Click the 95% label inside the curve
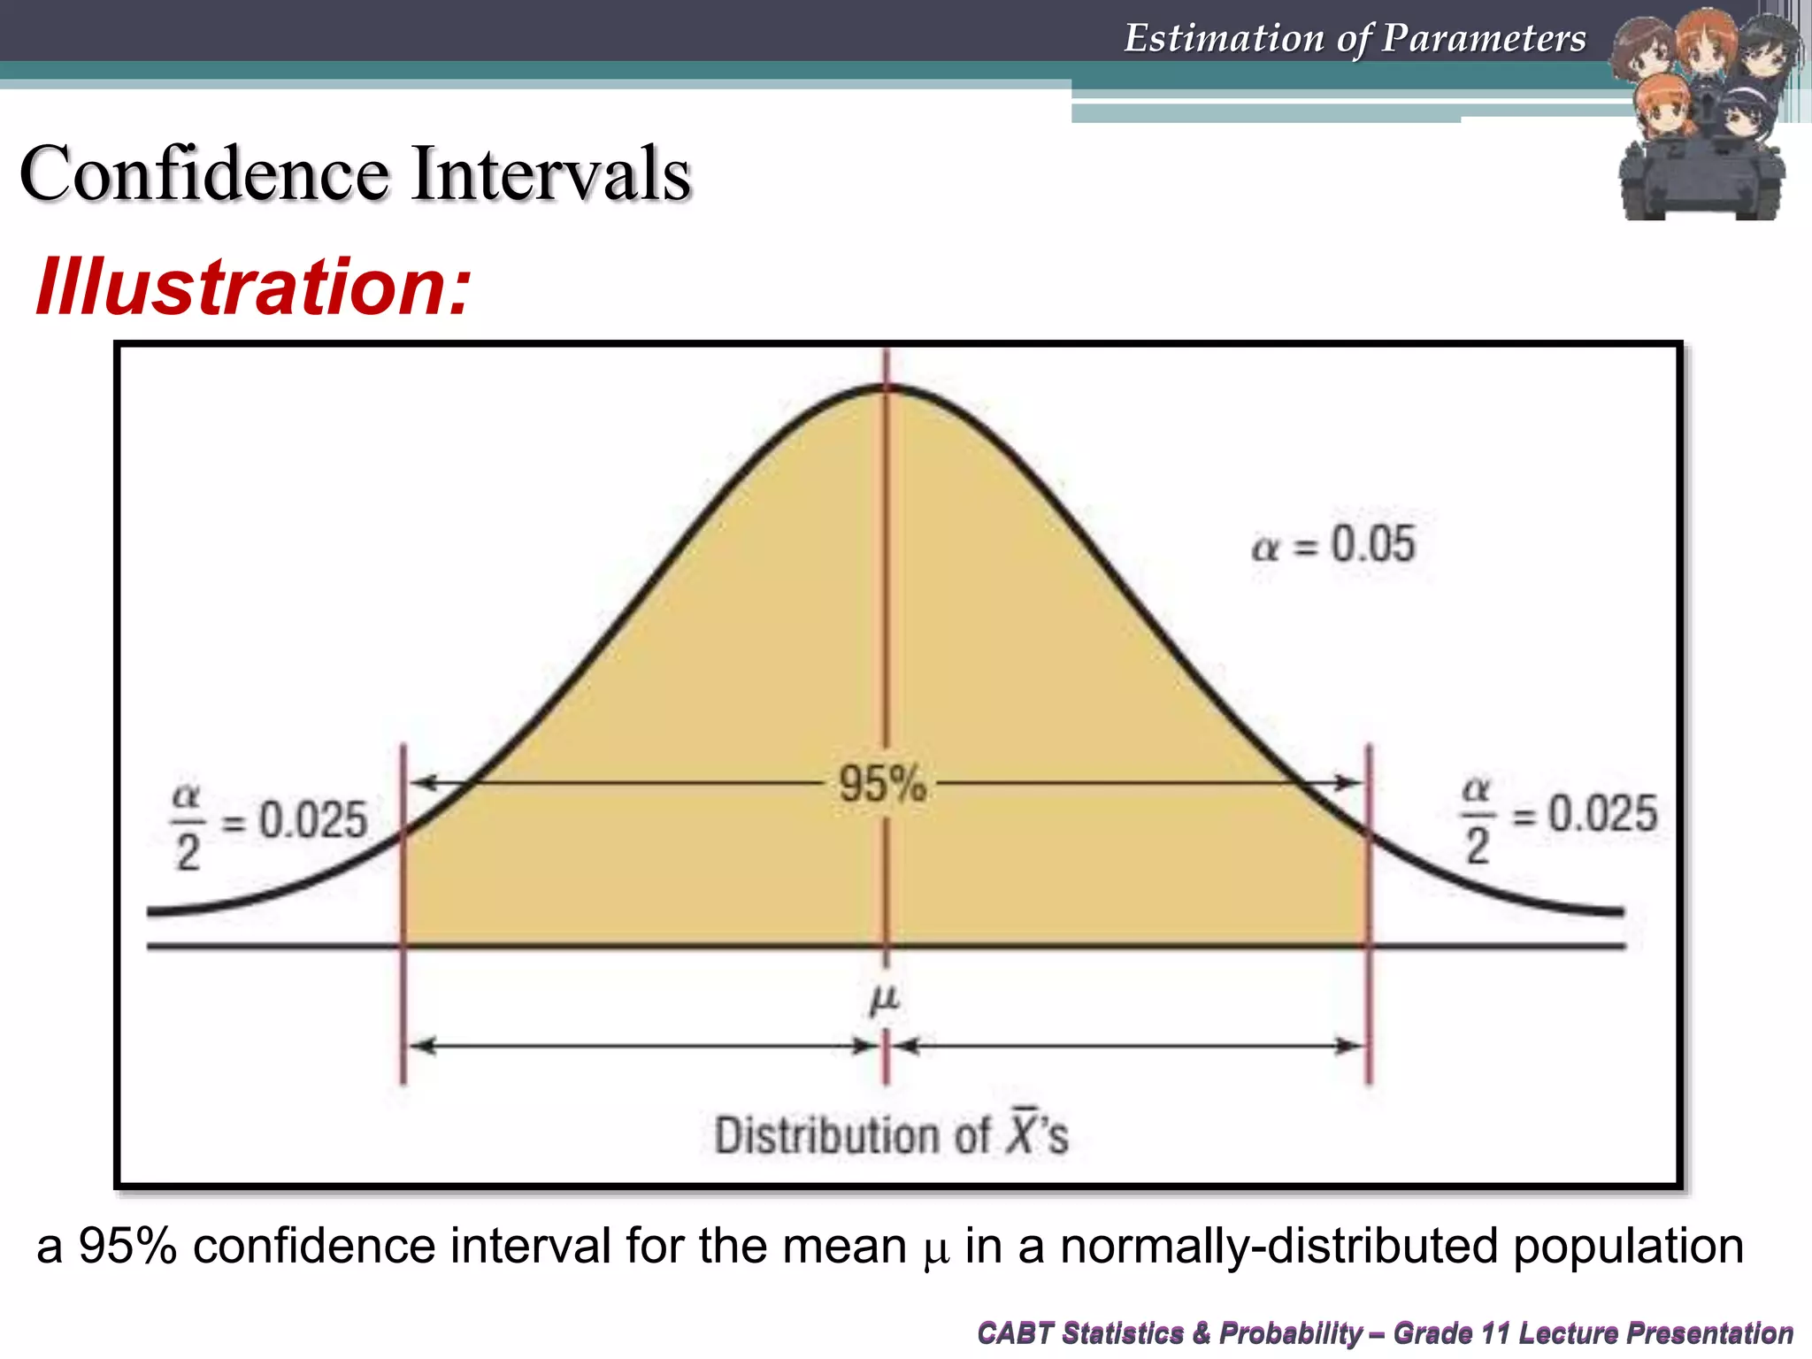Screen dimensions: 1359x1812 [x=882, y=784]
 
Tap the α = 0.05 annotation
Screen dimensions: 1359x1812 [x=1333, y=544]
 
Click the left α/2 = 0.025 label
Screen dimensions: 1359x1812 [x=269, y=823]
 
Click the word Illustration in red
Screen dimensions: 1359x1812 [x=253, y=288]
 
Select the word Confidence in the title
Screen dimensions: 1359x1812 [x=204, y=173]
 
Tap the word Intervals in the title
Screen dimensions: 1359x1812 [x=550, y=173]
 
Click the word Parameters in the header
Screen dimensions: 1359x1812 [x=1484, y=38]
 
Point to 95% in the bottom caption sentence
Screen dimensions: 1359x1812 [x=127, y=1246]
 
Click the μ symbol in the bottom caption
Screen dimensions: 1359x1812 [x=935, y=1249]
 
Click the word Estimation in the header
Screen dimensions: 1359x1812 [x=1223, y=38]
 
